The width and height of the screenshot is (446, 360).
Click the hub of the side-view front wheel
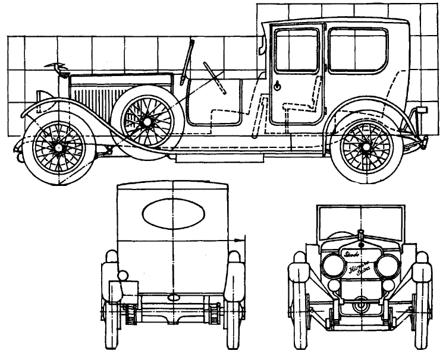coord(59,147)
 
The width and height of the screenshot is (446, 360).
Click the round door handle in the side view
coord(278,86)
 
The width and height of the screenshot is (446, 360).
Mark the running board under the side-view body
coord(220,157)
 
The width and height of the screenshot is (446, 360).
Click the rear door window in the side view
coord(297,52)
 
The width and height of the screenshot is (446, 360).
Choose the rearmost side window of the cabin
coord(357,52)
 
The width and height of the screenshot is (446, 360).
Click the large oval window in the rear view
coord(173,213)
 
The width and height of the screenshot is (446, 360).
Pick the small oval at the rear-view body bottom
coord(174,297)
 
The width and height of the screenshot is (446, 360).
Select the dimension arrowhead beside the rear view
coord(241,240)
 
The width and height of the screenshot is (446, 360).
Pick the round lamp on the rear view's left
coord(122,276)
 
